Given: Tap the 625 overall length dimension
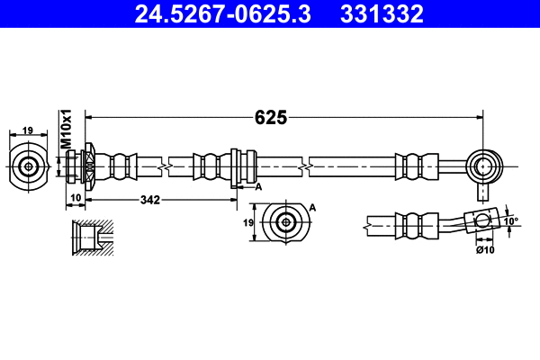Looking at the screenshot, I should [270, 117].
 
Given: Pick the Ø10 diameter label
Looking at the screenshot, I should [485, 248].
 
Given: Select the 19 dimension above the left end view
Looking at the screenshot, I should [28, 131].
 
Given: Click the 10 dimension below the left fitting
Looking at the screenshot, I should [76, 200].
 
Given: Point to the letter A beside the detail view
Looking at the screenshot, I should [312, 208].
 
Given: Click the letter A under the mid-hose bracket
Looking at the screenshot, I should [258, 186].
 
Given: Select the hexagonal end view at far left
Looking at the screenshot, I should [29, 166].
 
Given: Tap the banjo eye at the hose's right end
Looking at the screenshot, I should [486, 166].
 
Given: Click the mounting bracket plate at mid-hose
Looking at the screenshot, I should [235, 166].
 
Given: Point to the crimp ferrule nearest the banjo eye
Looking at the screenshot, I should [412, 166].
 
